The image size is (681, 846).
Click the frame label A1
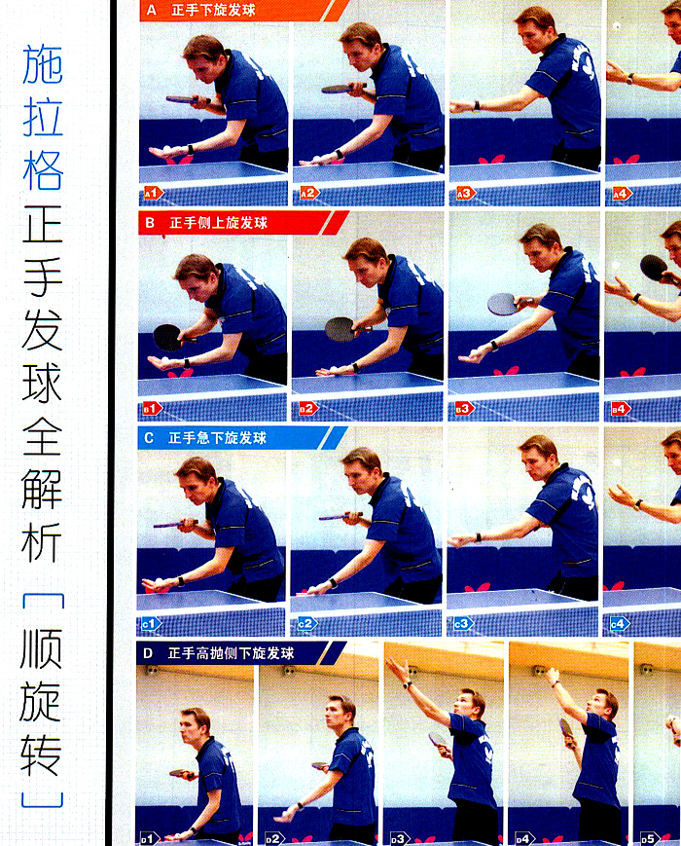(151, 193)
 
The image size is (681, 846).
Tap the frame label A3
(463, 193)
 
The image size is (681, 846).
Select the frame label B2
(307, 408)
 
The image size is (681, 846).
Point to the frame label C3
(461, 623)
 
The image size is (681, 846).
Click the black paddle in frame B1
(167, 337)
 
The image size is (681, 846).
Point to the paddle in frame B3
(505, 304)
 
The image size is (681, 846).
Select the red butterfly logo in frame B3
(506, 371)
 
